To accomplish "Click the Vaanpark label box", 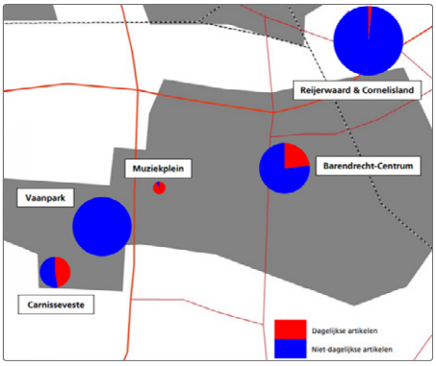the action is [45, 198].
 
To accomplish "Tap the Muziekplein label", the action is [158, 168].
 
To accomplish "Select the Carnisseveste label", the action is [56, 305].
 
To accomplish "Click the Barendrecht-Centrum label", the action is [368, 166].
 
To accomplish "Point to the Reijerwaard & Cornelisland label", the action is [357, 90].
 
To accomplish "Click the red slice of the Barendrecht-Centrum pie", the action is [294, 158].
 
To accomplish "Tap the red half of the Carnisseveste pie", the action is [64, 272].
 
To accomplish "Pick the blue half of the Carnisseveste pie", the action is [47, 272].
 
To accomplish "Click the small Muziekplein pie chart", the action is [159, 188].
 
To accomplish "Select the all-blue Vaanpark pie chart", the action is [102, 227].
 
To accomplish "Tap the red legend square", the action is [291, 329].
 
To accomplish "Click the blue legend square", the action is [291, 349].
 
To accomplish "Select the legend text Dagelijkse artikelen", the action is [345, 330].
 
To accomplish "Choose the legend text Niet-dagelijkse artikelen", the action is [352, 350].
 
